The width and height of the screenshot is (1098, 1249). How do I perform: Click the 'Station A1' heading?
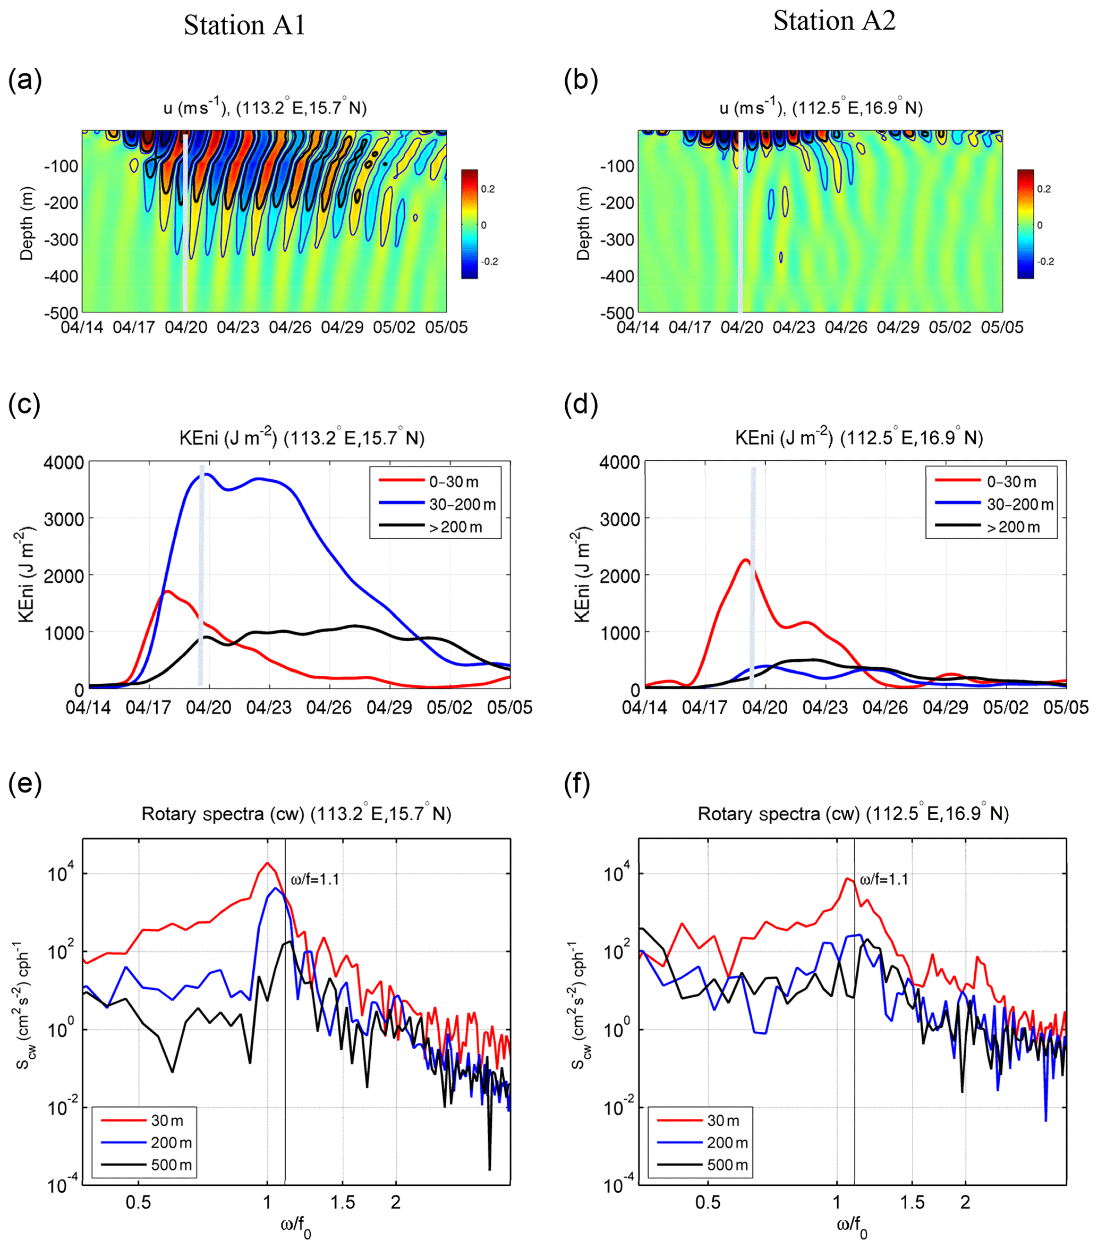tap(244, 26)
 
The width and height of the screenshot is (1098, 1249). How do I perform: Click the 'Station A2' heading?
tap(834, 21)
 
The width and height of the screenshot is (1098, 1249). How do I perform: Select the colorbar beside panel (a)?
tap(469, 224)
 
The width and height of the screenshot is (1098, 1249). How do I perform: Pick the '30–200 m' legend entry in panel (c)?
tap(462, 505)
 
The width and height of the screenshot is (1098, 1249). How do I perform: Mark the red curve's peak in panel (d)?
tap(745, 560)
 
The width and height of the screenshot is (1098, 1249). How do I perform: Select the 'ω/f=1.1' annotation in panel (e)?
tap(314, 879)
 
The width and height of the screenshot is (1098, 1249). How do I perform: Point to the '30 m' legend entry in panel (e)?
tap(167, 1120)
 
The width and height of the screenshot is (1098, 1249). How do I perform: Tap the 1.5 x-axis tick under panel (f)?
tap(912, 1203)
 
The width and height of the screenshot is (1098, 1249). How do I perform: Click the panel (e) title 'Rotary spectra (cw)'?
tap(296, 814)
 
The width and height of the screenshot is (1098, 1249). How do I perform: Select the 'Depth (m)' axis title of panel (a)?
tap(26, 224)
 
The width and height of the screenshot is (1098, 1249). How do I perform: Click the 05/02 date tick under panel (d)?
tap(1006, 708)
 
